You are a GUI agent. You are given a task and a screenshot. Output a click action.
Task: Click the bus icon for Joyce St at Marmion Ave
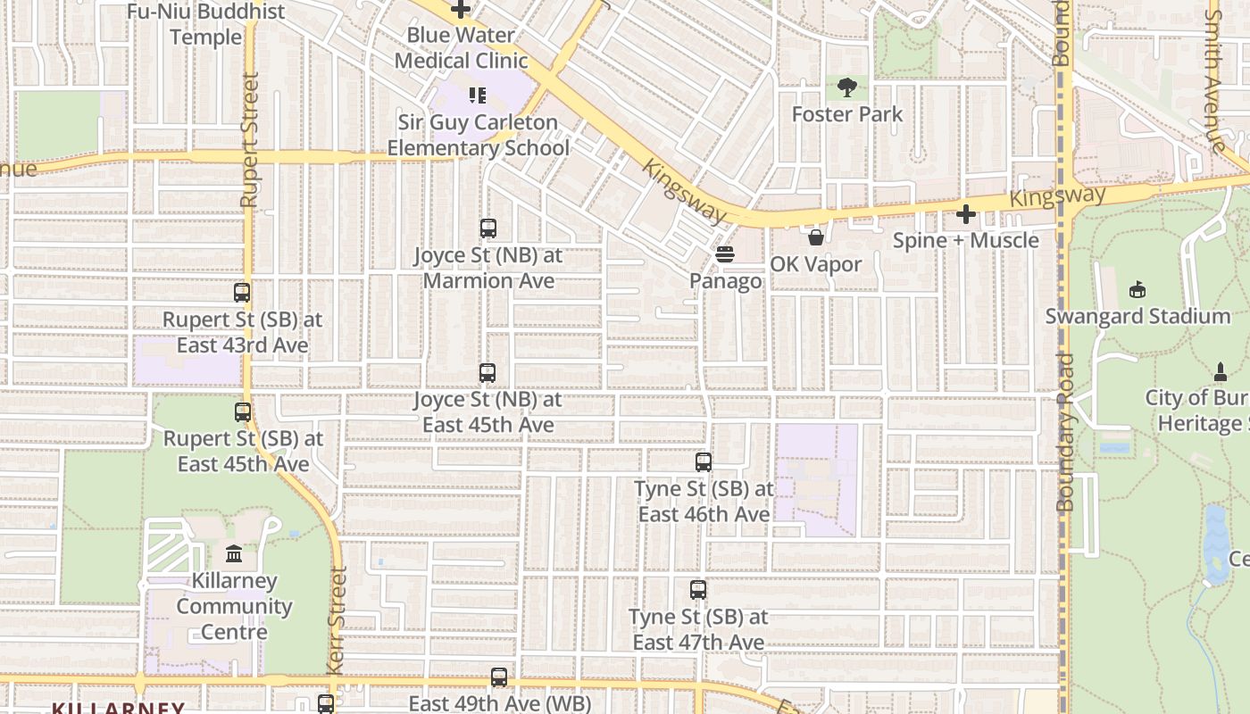point(487,228)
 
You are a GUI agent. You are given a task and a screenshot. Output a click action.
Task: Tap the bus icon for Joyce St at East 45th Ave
point(487,373)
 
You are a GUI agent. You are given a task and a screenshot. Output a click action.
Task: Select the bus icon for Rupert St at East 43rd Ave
point(242,293)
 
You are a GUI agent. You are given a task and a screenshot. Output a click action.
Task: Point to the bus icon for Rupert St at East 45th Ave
point(243,412)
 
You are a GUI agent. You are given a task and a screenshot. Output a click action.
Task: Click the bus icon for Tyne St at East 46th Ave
point(704,462)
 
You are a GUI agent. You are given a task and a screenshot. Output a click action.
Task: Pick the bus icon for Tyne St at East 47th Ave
point(698,590)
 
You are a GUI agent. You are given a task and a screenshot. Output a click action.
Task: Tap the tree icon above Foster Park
point(847,87)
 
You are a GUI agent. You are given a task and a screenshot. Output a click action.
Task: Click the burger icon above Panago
point(725,255)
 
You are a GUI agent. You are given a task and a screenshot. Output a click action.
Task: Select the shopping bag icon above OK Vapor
point(816,237)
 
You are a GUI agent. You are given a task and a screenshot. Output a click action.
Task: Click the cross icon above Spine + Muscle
point(966,214)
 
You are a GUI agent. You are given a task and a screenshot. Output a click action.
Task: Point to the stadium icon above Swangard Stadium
point(1137,290)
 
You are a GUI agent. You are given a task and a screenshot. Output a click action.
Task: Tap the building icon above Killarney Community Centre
point(234,554)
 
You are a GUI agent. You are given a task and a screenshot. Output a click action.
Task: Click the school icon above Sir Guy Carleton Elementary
point(478,95)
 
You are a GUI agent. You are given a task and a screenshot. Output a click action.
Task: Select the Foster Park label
point(847,114)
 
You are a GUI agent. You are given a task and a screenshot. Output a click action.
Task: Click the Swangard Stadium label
point(1137,317)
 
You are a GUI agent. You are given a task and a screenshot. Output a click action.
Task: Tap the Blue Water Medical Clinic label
point(461,48)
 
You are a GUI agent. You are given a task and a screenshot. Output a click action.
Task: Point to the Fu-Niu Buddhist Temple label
point(206,24)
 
